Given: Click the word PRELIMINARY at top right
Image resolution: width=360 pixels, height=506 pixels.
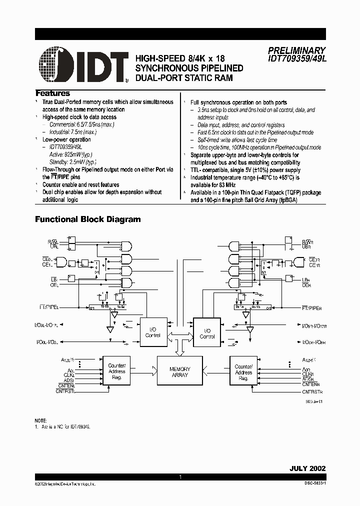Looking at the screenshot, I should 296,50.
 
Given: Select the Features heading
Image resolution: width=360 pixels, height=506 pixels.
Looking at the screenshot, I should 52,93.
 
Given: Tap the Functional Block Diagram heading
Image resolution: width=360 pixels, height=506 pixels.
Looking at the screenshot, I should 87,219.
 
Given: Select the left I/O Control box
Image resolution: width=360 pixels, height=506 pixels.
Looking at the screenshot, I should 152,332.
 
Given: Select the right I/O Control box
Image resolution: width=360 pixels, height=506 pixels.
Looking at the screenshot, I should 207,333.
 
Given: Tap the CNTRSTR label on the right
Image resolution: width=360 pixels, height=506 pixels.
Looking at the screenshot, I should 312,392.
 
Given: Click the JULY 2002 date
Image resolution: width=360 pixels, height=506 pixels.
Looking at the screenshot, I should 307,468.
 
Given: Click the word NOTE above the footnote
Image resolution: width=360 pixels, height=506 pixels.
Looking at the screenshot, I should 40,420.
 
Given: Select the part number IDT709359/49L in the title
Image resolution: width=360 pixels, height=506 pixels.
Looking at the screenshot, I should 296,58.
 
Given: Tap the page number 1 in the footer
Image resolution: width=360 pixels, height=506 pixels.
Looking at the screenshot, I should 180,478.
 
